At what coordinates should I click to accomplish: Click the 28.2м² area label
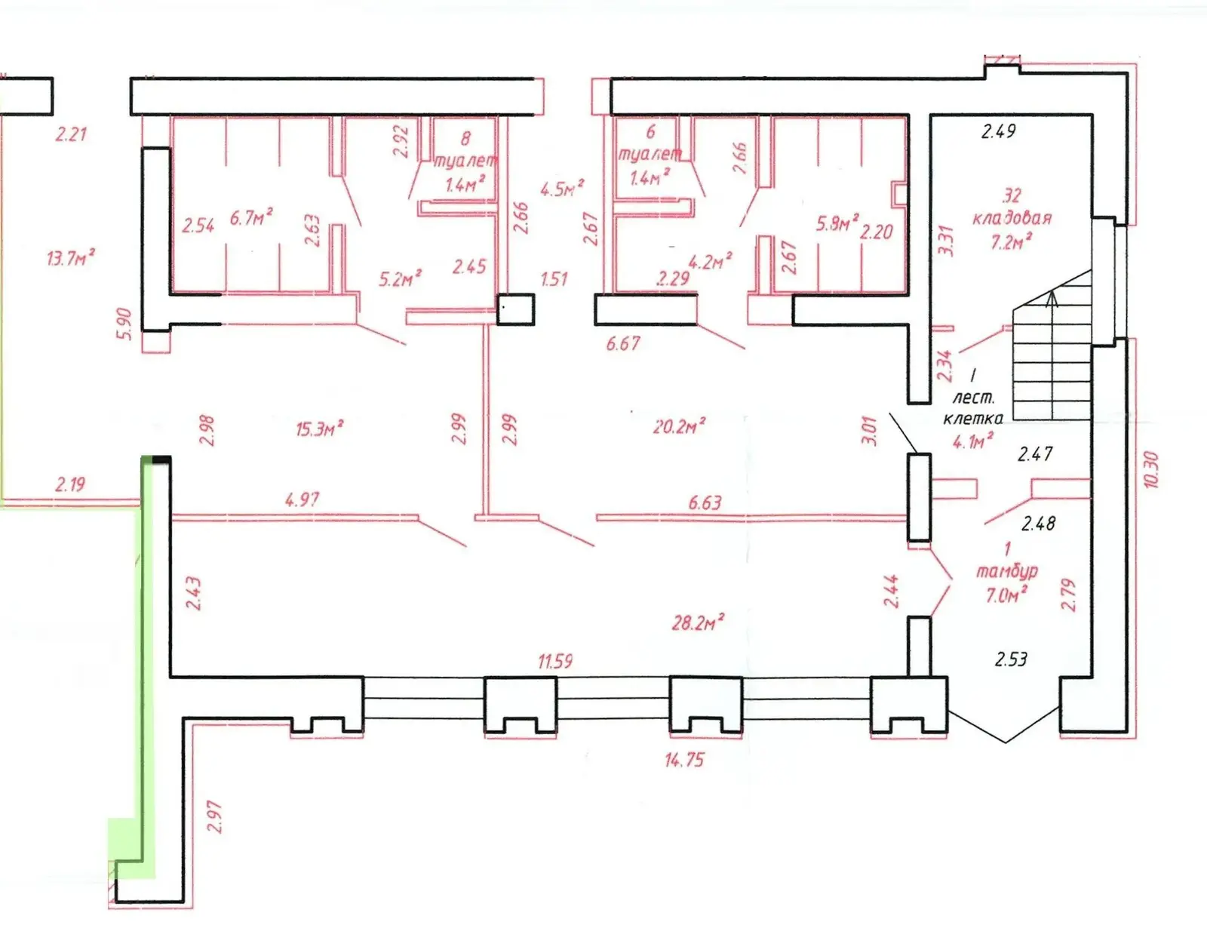(698, 622)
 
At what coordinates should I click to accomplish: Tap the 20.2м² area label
(679, 426)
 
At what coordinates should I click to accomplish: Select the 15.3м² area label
(319, 429)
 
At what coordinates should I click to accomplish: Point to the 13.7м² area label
(70, 258)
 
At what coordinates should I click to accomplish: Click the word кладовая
(1012, 218)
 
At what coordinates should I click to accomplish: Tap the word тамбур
(1007, 571)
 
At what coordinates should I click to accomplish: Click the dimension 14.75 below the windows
(683, 760)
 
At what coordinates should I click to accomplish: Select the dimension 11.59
(554, 662)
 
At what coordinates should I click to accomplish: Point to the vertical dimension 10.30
(1150, 469)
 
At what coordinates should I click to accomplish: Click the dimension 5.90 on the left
(124, 324)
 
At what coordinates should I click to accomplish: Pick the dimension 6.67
(622, 344)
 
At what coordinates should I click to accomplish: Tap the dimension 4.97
(302, 499)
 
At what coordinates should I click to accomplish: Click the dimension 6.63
(705, 502)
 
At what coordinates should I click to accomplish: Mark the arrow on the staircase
(1053, 299)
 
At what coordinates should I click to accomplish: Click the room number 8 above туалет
(465, 138)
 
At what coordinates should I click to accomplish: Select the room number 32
(1011, 196)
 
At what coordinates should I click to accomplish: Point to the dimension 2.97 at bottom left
(214, 816)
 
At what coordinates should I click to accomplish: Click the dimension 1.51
(554, 279)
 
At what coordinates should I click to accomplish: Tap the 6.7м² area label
(251, 218)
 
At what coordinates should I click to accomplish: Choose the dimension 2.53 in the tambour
(1011, 659)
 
